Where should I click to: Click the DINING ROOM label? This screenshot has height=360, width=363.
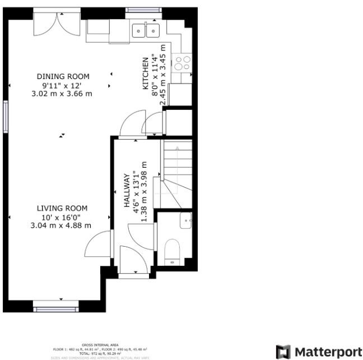click(63, 76)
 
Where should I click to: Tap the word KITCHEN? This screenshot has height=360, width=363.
click(145, 73)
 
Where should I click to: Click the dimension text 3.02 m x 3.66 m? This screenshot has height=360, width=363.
click(63, 93)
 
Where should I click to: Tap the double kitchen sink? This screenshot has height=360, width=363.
click(146, 30)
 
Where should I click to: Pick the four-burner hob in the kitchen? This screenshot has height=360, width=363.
click(183, 62)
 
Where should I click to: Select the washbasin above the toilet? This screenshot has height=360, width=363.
click(185, 221)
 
